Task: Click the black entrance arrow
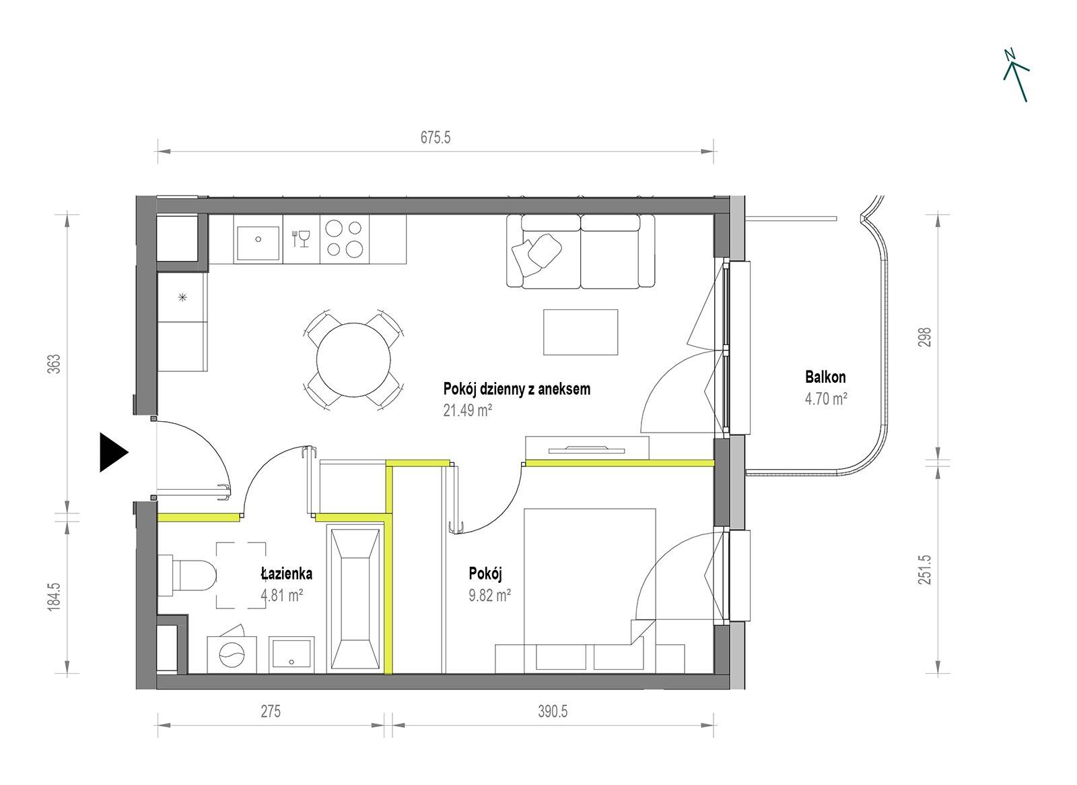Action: click(x=114, y=452)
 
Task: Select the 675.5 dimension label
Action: click(x=435, y=137)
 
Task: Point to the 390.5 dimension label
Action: click(x=553, y=712)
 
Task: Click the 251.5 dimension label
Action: click(x=925, y=570)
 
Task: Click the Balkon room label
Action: click(x=825, y=377)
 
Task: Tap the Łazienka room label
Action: click(x=287, y=573)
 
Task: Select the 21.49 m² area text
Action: click(x=467, y=410)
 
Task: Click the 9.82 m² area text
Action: click(x=489, y=596)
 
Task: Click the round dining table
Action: click(x=353, y=360)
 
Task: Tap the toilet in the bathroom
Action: click(x=187, y=575)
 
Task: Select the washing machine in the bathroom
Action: click(x=232, y=654)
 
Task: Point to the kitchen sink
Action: click(x=258, y=239)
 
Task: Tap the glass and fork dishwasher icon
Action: click(x=301, y=239)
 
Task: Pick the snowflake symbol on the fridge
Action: click(x=182, y=297)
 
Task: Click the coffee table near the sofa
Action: click(x=580, y=332)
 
